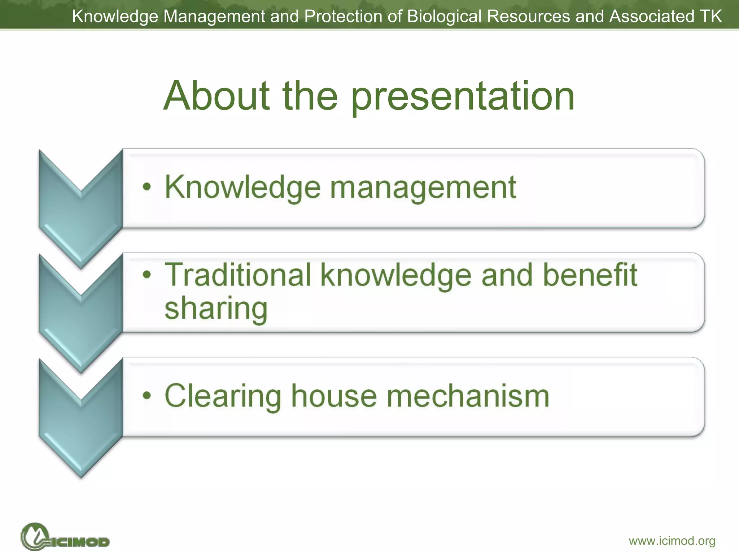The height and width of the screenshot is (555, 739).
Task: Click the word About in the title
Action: (x=217, y=96)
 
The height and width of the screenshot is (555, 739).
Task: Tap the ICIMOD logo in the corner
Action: (x=65, y=537)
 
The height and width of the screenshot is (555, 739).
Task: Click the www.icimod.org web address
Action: (x=672, y=541)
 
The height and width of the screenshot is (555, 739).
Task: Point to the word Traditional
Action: (x=238, y=275)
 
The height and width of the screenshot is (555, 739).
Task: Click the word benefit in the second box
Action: (x=590, y=275)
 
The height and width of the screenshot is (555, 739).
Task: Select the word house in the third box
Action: (x=334, y=396)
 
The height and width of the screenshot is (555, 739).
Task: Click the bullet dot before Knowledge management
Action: (x=147, y=187)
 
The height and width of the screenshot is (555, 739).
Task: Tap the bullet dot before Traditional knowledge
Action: (x=147, y=275)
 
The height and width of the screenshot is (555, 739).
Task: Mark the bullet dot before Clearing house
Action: (x=147, y=396)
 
